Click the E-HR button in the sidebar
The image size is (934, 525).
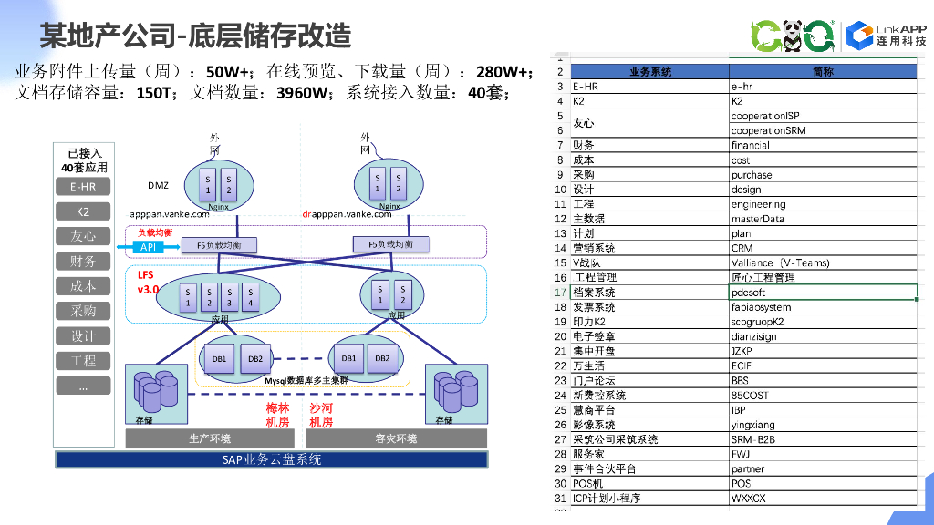[x=83, y=187]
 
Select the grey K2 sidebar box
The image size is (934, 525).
[x=83, y=211]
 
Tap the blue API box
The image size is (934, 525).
[x=147, y=247]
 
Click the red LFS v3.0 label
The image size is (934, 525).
[x=148, y=282]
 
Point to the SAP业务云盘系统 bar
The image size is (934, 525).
[x=272, y=460]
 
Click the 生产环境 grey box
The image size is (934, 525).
[x=210, y=438]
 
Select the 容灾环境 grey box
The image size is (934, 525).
[x=396, y=438]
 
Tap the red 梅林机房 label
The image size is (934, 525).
[x=277, y=416]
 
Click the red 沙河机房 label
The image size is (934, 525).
[x=321, y=416]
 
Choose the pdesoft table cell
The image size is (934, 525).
[x=823, y=293]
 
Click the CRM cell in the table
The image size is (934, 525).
[x=823, y=248]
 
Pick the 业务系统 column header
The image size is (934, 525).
[x=649, y=71]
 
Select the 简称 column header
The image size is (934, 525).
[x=823, y=71]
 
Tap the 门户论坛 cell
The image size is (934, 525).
[x=649, y=380]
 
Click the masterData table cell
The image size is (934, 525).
[x=823, y=219]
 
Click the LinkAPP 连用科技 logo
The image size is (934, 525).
[x=886, y=35]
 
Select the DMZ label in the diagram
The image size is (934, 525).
[x=158, y=185]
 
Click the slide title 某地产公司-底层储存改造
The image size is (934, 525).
[x=195, y=35]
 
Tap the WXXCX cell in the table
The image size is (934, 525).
[x=823, y=499]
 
